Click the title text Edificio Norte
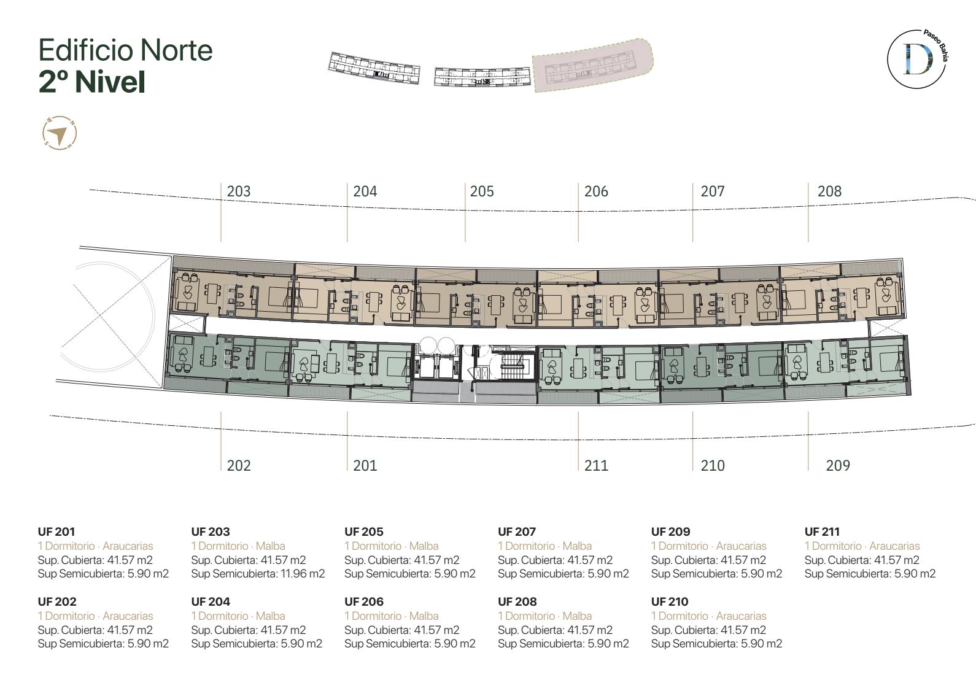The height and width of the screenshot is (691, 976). (125, 50)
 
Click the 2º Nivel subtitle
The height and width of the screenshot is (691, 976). (91, 82)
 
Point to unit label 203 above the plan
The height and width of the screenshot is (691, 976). (239, 191)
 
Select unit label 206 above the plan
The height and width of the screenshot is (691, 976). (596, 191)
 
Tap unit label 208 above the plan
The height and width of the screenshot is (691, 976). (830, 191)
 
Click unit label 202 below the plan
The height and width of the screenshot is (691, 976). (239, 465)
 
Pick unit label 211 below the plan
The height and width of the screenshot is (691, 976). (596, 465)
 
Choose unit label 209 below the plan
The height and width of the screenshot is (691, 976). (838, 465)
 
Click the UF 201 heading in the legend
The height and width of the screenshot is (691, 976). (56, 531)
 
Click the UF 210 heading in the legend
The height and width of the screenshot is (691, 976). (670, 601)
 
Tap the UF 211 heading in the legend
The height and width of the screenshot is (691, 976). (822, 531)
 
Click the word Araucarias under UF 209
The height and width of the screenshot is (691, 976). (741, 546)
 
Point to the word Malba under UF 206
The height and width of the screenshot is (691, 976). (424, 616)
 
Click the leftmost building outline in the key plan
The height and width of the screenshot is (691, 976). (374, 68)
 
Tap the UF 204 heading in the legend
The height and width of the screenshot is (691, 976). (211, 601)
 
